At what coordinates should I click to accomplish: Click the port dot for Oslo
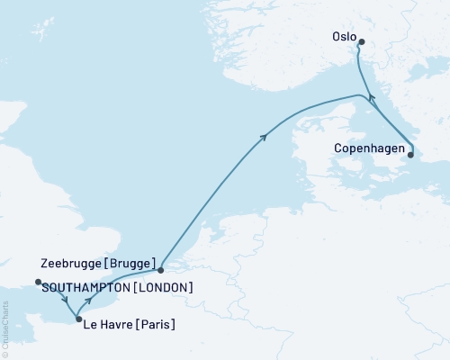pos(361,42)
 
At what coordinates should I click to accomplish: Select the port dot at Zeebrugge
pos(160,269)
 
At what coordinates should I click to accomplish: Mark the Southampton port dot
pos(38,283)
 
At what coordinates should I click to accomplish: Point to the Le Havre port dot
pos(78,319)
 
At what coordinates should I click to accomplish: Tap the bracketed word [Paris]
pos(157,325)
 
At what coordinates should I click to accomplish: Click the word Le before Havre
pos(94,325)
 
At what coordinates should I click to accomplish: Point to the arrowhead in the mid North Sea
pos(265,136)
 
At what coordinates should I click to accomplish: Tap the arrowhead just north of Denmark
pos(364,96)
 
